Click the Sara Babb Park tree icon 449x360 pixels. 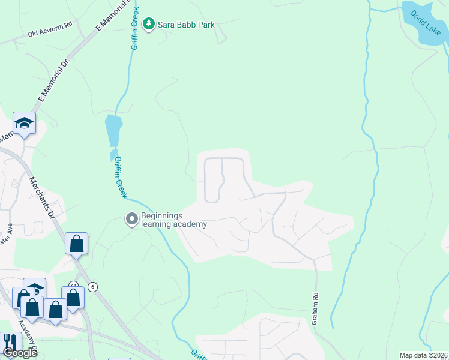coord(149,25)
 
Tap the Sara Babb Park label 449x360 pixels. coord(186,25)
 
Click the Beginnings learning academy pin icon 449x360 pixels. coord(131,220)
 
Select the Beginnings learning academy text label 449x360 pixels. coord(174,220)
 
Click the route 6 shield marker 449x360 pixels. coord(92,287)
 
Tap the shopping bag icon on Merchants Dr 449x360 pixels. coord(76,244)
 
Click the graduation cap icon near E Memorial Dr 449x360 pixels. coord(24,123)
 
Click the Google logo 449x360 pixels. coord(20,353)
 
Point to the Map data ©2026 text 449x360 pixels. coord(423,355)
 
